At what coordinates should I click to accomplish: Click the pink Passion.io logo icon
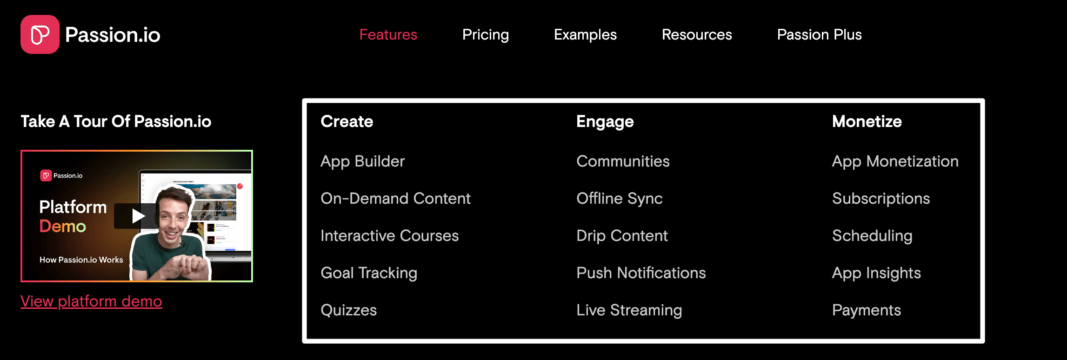coord(40,34)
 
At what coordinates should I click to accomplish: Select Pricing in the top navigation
coord(485,34)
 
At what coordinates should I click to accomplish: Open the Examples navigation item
coord(585,34)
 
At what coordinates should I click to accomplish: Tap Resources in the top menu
coord(696,34)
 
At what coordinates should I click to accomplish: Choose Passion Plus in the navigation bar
coord(819,34)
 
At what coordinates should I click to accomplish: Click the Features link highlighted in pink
coord(388,34)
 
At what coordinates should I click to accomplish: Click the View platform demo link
coord(91,301)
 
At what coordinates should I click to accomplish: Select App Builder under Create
coord(362,161)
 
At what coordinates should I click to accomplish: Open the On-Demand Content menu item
coord(395,199)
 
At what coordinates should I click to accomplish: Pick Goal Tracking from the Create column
coord(368,273)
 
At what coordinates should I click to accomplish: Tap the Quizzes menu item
coord(348,310)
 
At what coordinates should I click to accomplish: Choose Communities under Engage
coord(623,161)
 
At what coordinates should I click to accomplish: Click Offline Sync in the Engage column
coord(619,199)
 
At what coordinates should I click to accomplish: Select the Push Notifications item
coord(641,273)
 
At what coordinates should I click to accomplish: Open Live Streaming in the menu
coord(629,310)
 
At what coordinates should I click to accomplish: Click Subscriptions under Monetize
coord(880,199)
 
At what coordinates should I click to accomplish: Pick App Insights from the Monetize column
coord(876,273)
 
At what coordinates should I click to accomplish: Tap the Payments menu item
coord(866,310)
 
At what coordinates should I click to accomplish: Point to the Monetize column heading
coord(867,121)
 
